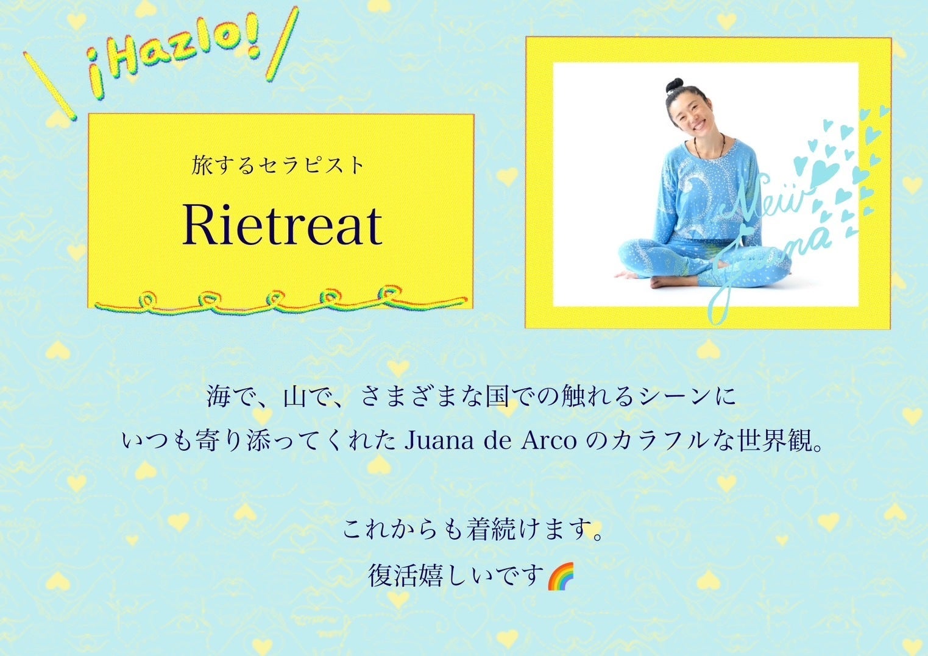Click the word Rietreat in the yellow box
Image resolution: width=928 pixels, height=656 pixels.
[x=282, y=225]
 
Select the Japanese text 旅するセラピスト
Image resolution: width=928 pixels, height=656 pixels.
[x=277, y=165]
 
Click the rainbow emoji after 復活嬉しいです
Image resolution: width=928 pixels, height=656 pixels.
[x=561, y=576]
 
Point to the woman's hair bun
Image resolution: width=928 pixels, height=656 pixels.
[x=675, y=86]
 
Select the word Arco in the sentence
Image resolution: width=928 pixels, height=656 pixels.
[x=548, y=442]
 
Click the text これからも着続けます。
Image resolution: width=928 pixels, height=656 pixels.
[x=472, y=529]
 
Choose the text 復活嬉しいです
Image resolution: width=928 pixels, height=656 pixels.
[x=455, y=576]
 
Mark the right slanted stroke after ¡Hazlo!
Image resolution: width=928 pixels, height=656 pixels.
[x=283, y=43]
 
